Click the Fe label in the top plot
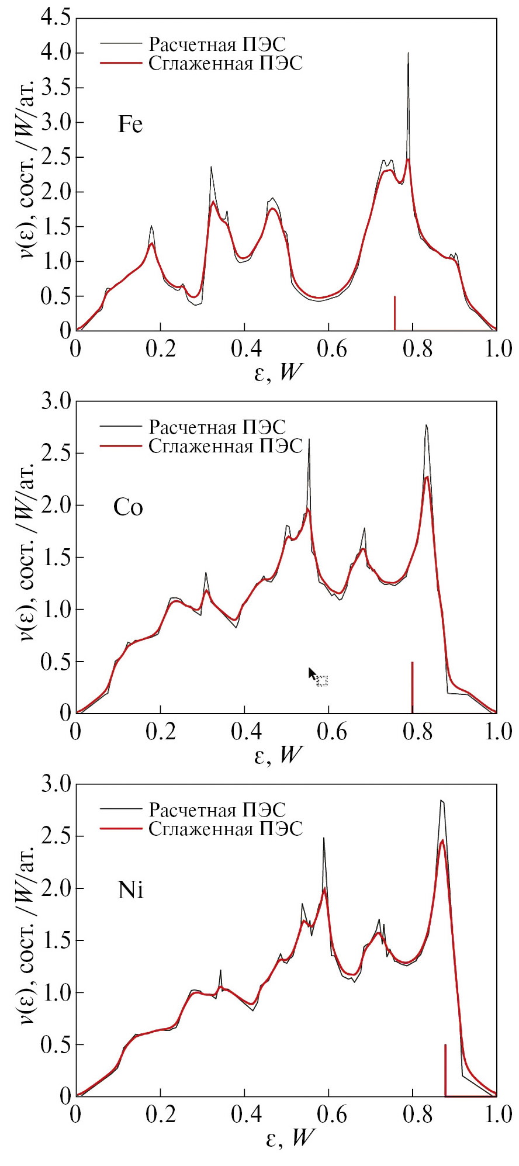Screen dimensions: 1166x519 tap(130, 124)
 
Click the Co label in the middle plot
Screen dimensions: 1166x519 tap(128, 507)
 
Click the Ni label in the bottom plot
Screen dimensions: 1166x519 tap(130, 890)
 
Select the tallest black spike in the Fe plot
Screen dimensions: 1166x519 tap(408, 54)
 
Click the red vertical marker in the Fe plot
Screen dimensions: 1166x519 tap(395, 313)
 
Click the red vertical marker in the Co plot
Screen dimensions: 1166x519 tap(412, 687)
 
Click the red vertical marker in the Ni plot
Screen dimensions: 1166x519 tap(445, 1070)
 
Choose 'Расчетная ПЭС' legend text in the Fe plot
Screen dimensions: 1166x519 tap(217, 44)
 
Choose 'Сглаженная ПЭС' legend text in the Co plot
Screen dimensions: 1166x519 tap(226, 447)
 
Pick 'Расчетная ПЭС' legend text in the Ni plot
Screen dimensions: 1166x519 tap(217, 810)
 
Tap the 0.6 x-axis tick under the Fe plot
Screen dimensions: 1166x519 tap(332, 349)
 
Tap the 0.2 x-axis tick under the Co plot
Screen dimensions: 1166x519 tap(161, 732)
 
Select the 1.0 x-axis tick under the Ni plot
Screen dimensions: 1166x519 tap(498, 1115)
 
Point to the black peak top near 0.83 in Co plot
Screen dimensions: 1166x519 tap(426, 425)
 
